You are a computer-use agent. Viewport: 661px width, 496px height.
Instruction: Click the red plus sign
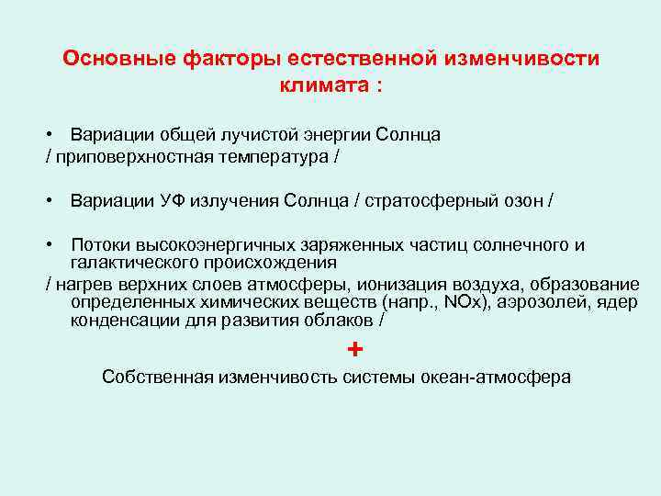click(355, 350)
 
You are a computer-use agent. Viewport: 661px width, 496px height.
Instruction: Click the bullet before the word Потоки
click(52, 245)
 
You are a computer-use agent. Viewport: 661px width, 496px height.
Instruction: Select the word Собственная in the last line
click(157, 378)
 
